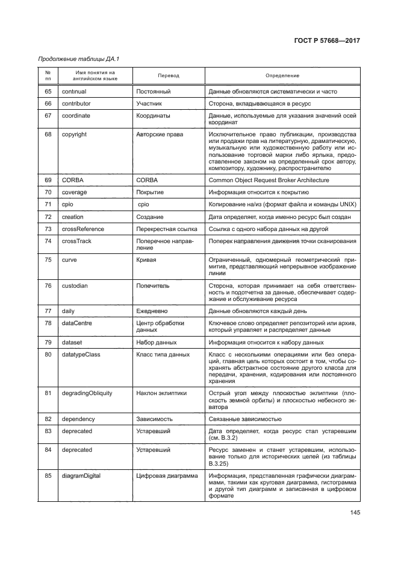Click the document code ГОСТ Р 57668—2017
click(x=331, y=40)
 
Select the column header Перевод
click(x=168, y=76)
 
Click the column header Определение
click(x=282, y=76)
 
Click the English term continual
click(x=74, y=92)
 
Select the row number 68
click(x=48, y=134)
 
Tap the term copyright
click(x=74, y=134)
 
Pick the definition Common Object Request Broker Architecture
click(x=269, y=180)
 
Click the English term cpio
click(x=67, y=204)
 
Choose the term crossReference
click(x=83, y=229)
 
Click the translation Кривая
click(x=146, y=259)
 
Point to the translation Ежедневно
click(x=154, y=311)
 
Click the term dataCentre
click(x=77, y=323)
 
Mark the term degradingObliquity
click(x=87, y=393)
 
